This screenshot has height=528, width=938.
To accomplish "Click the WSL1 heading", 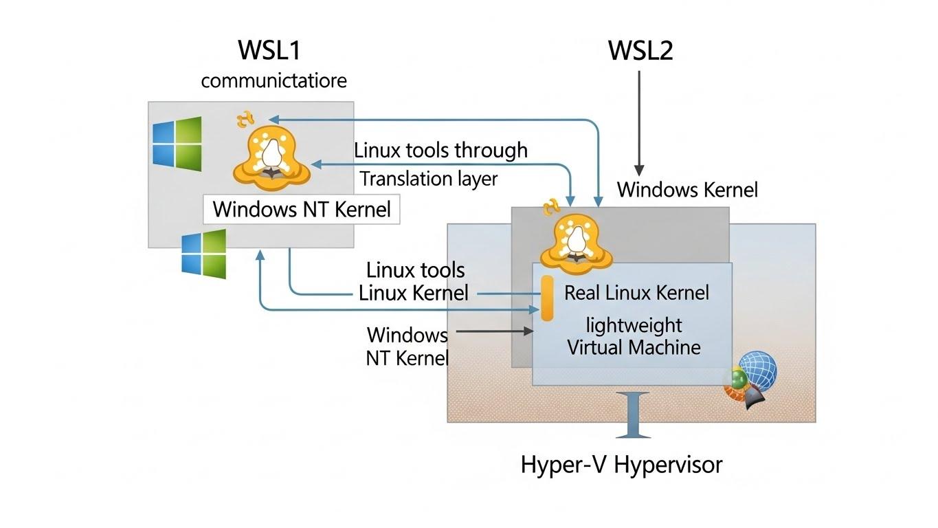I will [x=269, y=51].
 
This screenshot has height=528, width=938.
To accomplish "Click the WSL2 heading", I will [x=640, y=51].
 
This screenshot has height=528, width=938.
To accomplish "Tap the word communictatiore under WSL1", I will [x=273, y=80].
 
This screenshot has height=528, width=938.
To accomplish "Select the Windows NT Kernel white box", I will [x=301, y=209].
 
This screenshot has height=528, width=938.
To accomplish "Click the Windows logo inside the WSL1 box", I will [x=177, y=142].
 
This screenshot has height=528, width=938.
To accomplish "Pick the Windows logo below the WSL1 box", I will [x=204, y=254].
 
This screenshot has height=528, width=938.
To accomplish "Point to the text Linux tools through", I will [x=440, y=150].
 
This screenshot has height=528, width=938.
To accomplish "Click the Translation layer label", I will [x=429, y=179].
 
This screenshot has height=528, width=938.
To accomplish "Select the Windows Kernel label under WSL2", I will [x=687, y=189].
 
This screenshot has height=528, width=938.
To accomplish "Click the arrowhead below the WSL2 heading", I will [x=639, y=169].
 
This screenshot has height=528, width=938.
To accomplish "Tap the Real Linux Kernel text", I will [x=636, y=292].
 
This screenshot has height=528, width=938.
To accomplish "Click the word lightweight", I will [x=633, y=324].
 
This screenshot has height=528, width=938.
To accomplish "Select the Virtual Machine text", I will [x=634, y=346].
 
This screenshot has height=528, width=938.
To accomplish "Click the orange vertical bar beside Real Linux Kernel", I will [x=547, y=298].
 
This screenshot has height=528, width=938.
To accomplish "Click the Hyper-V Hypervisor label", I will [x=621, y=465].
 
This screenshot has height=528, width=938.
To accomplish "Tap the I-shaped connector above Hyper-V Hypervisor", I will [x=633, y=415].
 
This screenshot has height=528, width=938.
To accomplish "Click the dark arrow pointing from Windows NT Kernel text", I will [x=494, y=331].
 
